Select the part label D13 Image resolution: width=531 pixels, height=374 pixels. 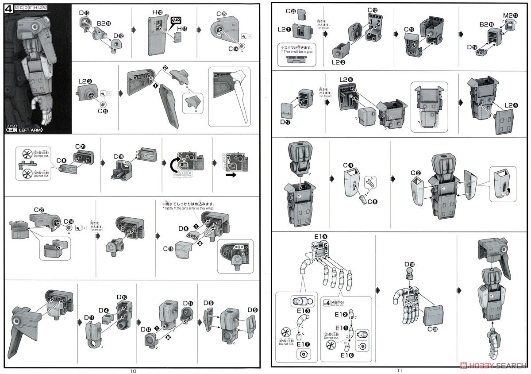[x=84, y=13]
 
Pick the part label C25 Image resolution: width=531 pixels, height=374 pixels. [x=222, y=14]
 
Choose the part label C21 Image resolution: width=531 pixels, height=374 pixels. [x=80, y=147]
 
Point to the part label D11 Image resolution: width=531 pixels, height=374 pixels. [x=88, y=318]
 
